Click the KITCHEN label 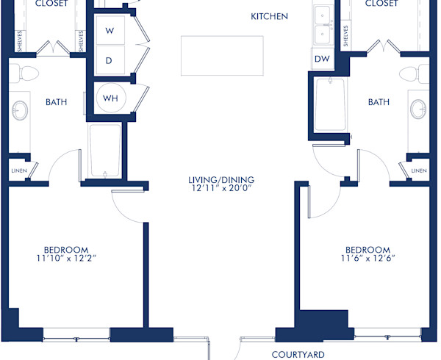point(269,16)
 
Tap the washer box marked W point(109,31)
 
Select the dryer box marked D point(109,61)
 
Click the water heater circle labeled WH point(110,98)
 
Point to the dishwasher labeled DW point(322,59)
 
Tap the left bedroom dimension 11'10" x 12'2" point(66,258)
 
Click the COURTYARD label point(298,355)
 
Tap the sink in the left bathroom point(20,112)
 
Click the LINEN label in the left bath point(18,170)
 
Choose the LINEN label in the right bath point(418,170)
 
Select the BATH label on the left point(56,102)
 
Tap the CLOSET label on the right point(381,4)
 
